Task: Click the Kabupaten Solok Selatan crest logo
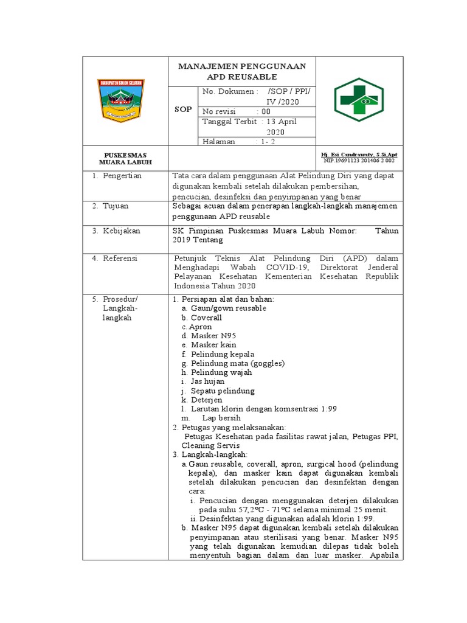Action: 125,99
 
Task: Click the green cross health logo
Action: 359,100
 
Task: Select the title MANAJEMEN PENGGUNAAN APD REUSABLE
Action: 242,71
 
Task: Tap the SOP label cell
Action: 184,110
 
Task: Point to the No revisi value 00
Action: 266,111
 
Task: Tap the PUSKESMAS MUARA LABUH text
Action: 125,159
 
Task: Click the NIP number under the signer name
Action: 359,161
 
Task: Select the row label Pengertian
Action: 122,176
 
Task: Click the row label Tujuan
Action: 116,206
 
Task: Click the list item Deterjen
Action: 206,400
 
